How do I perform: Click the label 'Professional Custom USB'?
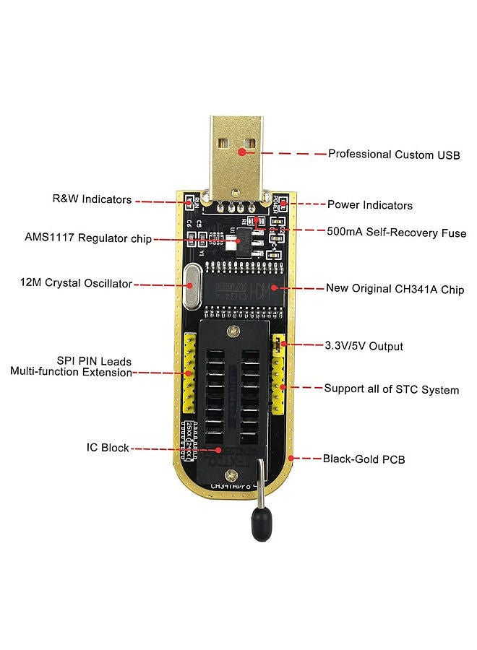[x=394, y=154]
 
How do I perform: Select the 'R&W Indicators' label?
[x=92, y=199]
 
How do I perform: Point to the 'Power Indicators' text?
[x=370, y=205]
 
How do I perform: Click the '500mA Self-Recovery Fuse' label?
[x=397, y=233]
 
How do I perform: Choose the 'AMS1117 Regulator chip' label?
[x=88, y=238]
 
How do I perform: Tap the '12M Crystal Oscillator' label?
[x=76, y=283]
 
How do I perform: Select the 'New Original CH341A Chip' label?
[x=395, y=289]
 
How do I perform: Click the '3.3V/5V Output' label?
[x=364, y=345]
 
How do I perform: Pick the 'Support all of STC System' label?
[x=391, y=389]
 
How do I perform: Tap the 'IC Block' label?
[x=108, y=448]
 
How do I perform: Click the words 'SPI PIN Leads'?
[x=94, y=360]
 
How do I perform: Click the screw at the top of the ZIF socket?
[x=231, y=331]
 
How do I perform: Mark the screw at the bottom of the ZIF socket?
[x=231, y=474]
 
